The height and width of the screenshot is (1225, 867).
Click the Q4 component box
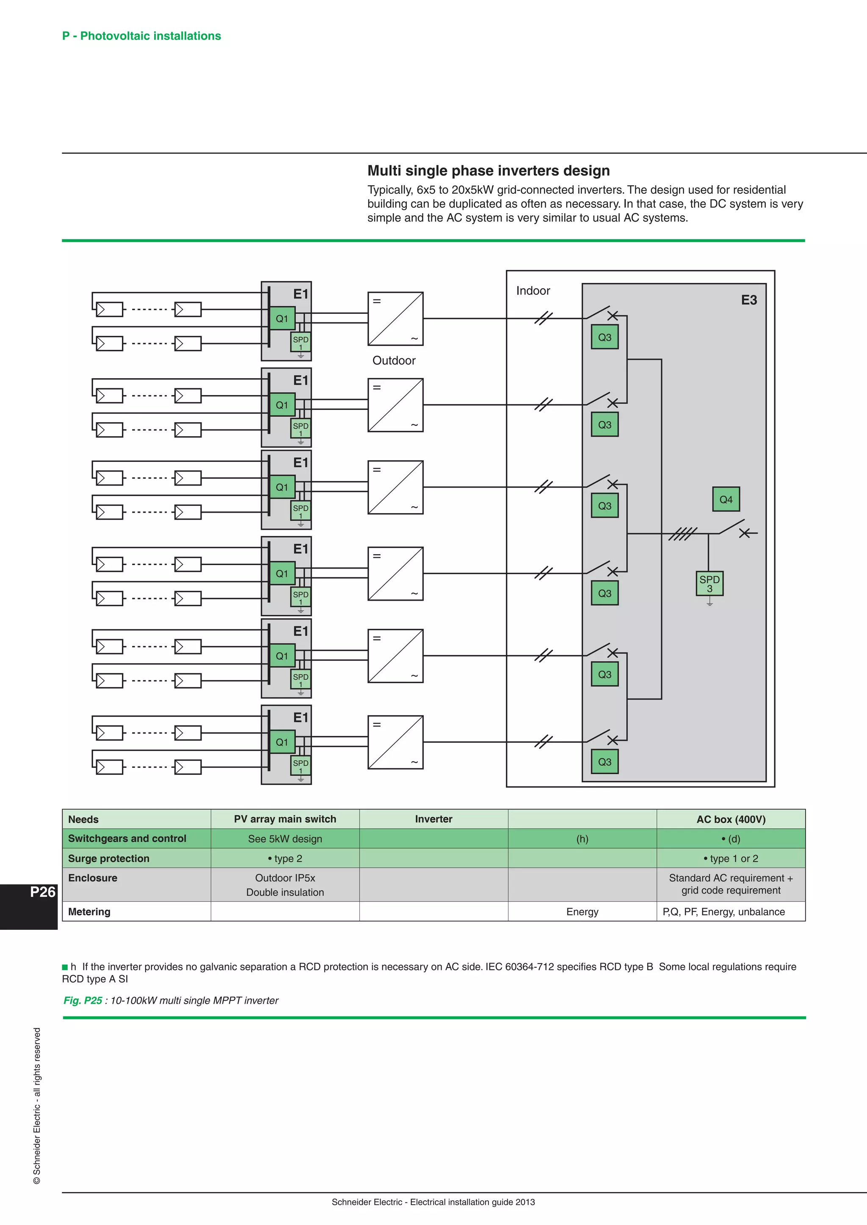pos(726,500)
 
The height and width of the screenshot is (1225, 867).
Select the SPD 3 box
pos(710,584)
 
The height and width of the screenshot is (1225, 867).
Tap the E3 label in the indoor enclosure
pos(748,300)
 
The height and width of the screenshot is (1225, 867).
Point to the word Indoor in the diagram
pos(533,291)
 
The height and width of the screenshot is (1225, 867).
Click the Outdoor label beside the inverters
pos(394,361)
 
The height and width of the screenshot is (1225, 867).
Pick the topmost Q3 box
pos(605,337)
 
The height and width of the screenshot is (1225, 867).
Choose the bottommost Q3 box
pos(605,762)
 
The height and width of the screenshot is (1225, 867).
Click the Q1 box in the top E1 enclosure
pos(282,319)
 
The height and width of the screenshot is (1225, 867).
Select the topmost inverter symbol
pos(395,319)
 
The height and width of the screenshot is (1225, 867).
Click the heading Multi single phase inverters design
pos(489,171)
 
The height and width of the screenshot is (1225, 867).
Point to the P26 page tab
pos(42,892)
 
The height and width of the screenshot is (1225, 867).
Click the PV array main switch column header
pos(285,819)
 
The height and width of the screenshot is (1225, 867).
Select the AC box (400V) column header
pos(731,819)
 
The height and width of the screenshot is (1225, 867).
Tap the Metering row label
pos(89,912)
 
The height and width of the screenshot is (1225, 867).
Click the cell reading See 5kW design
pos(285,839)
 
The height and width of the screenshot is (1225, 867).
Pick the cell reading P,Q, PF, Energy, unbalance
pos(723,912)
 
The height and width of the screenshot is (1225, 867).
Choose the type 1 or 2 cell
pos(731,858)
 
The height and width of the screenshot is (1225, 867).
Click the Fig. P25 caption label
pos(83,1000)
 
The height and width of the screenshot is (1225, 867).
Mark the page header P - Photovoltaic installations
pos(141,36)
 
